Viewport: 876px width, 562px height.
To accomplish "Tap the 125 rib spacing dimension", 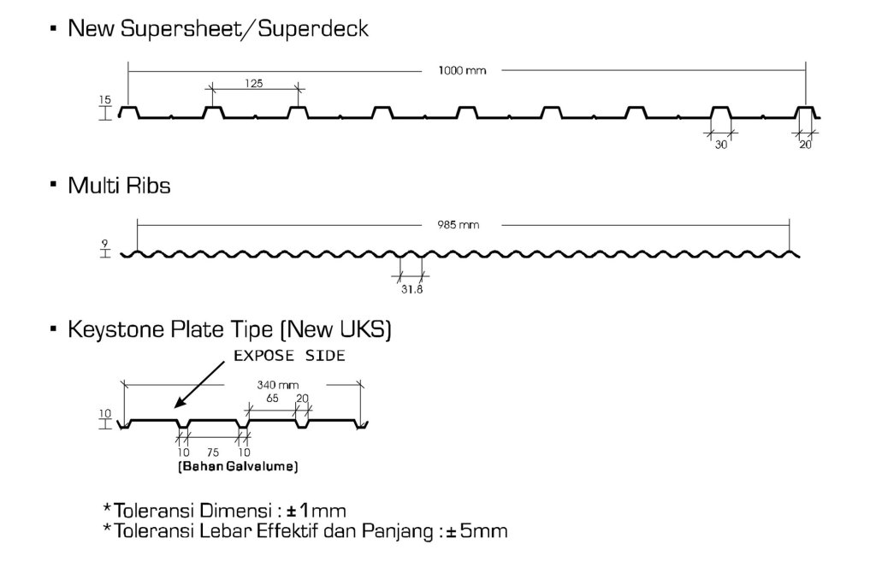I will point(253,84).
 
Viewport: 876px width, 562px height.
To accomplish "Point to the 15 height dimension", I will point(105,100).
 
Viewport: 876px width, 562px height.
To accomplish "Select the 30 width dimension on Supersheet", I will point(721,145).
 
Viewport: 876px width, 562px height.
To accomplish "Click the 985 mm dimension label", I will point(463,226).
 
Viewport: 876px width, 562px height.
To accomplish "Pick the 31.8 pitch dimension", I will point(411,289).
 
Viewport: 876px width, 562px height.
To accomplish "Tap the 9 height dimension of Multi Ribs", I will point(104,243).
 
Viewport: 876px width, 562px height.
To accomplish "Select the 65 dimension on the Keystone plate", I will point(271,397).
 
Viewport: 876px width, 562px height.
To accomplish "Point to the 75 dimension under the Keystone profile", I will point(212,453).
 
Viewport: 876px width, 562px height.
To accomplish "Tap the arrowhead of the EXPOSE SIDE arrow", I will point(175,405).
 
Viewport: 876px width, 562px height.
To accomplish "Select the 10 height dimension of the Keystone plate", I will point(105,414).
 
